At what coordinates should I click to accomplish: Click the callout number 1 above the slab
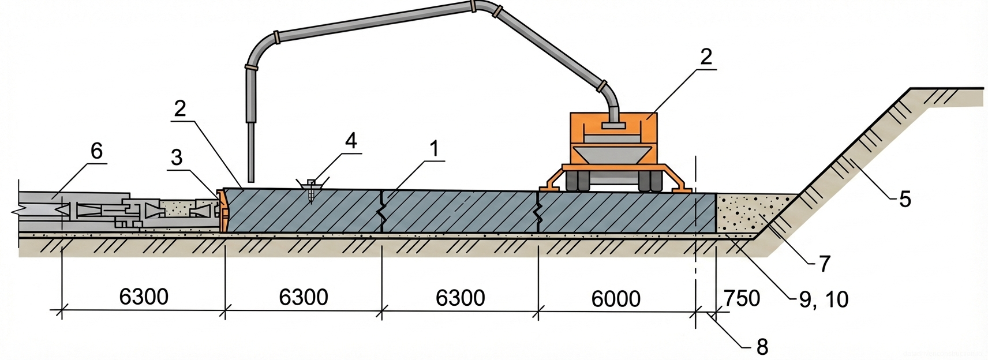point(433,149)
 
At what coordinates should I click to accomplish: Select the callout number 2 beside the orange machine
point(705,57)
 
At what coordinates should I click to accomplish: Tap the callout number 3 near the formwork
point(177,157)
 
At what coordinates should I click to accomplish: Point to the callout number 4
point(350,141)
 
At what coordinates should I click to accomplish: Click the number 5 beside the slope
point(904,199)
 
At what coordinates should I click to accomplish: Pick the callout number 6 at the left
point(96,151)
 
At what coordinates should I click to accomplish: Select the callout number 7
point(824,264)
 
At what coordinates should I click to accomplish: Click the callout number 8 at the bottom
point(762,347)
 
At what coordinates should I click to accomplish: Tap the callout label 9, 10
point(824,299)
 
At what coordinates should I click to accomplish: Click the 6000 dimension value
point(616,298)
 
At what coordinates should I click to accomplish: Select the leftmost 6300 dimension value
point(144,297)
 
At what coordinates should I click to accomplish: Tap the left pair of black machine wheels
point(578,182)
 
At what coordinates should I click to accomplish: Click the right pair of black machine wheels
point(650,182)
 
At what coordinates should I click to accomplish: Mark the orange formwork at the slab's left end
point(222,210)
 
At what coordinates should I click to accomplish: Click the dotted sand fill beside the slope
point(747,213)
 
